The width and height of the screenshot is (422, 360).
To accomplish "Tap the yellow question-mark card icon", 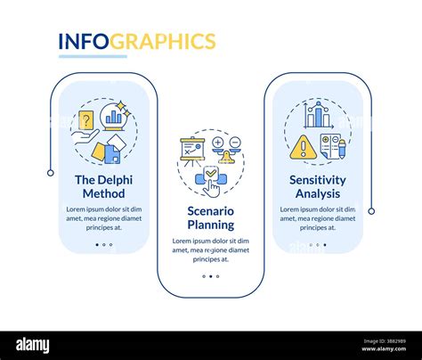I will pos(85,120).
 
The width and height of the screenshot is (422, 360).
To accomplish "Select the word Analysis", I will pos(317,194).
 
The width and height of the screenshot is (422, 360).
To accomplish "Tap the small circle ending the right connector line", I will pos(371,211).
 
